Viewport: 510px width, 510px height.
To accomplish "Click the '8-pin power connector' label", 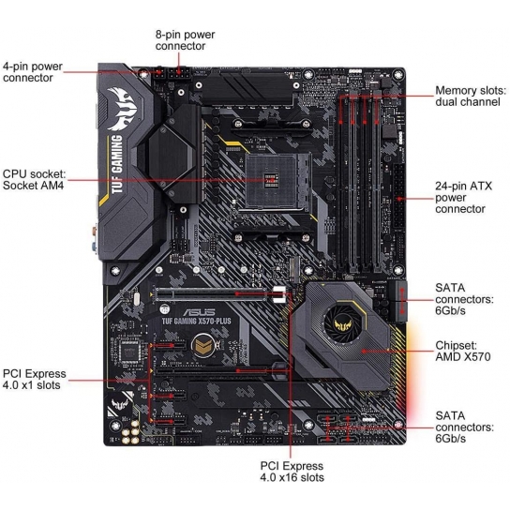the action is click(185, 40).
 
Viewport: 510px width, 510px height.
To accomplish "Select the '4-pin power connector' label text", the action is click(33, 72).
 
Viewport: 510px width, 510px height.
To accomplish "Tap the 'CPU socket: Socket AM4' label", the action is click(34, 179).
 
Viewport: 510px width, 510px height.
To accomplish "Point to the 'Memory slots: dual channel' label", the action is click(471, 96).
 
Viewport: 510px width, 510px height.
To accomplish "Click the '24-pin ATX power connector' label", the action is click(463, 198).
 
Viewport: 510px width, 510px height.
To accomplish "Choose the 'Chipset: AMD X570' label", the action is click(462, 351).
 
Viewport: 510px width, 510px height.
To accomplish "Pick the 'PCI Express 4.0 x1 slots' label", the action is click(34, 380).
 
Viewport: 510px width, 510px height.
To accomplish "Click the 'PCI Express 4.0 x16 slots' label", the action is click(292, 472).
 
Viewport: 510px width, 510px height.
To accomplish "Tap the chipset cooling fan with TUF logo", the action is click(343, 321).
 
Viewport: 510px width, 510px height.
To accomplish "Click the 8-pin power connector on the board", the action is click(178, 73).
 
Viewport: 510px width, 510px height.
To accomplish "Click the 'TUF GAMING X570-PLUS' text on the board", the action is click(197, 322).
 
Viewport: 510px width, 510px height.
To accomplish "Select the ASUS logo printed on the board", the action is click(199, 312).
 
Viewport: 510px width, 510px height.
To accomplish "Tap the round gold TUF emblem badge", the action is click(203, 346).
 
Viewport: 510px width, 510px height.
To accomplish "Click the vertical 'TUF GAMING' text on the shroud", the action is click(116, 164).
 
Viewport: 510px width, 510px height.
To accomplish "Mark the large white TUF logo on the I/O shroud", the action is click(122, 109).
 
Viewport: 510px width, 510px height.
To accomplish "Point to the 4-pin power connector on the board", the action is click(159, 73).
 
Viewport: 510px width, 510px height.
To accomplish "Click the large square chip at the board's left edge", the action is click(129, 352).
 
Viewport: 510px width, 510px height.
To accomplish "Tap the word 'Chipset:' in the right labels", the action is click(456, 345).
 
